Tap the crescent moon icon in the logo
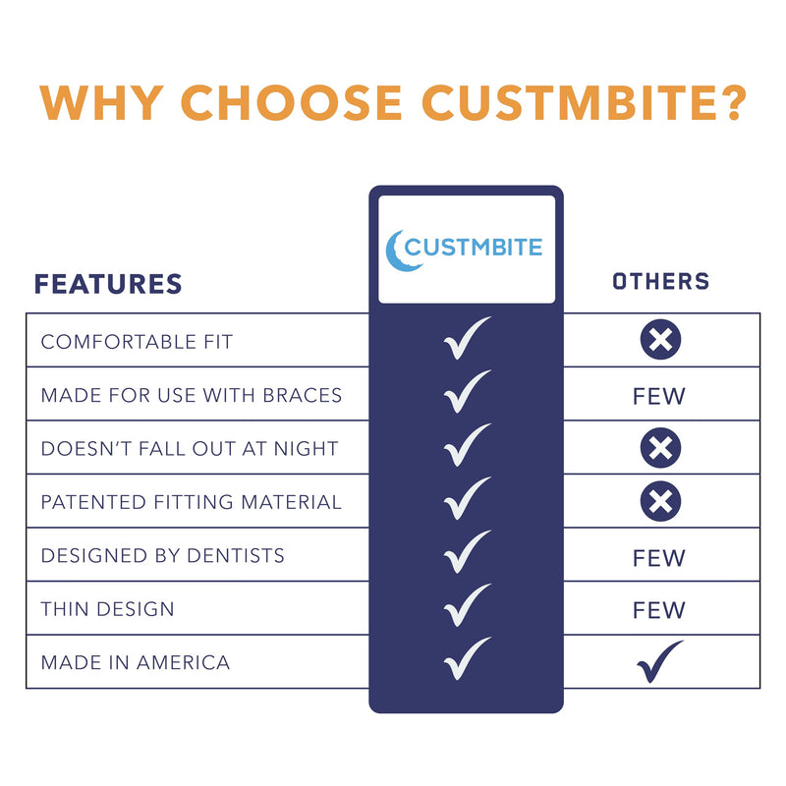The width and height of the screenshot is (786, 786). (x=396, y=250)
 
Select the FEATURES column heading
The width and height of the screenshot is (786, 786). (x=108, y=284)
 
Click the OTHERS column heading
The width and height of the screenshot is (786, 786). (x=660, y=282)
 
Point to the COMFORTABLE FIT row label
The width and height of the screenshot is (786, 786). (x=137, y=342)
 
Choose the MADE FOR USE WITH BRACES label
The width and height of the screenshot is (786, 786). (x=192, y=395)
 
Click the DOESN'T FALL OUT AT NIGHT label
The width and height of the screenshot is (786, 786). (x=190, y=449)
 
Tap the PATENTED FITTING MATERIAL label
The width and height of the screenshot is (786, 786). (x=192, y=502)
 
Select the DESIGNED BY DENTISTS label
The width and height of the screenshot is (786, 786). (x=163, y=555)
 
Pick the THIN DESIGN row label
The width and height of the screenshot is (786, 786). (x=108, y=609)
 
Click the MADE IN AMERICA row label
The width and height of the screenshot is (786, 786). (x=136, y=662)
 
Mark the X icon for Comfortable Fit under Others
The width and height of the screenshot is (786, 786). (x=660, y=341)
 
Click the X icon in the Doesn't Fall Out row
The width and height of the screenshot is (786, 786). (x=660, y=449)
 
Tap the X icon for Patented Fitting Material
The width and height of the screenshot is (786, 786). (x=660, y=502)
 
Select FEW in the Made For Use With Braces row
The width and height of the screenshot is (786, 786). (x=659, y=397)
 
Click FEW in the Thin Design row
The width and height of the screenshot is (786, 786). (x=659, y=610)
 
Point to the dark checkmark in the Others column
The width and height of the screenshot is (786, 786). (x=659, y=661)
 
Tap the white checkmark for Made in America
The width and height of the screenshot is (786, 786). (x=466, y=658)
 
